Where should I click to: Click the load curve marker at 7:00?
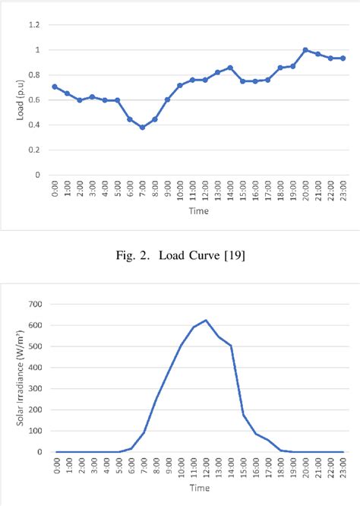click(142, 128)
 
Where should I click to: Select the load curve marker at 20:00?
click(305, 50)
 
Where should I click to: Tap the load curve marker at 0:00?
click(55, 87)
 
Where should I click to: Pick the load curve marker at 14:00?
click(230, 68)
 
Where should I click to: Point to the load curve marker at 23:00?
click(343, 59)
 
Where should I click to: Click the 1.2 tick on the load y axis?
click(33, 25)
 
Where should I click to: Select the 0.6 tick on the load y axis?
click(33, 100)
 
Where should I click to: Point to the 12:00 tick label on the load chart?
click(205, 191)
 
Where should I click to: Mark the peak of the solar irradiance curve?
click(205, 320)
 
